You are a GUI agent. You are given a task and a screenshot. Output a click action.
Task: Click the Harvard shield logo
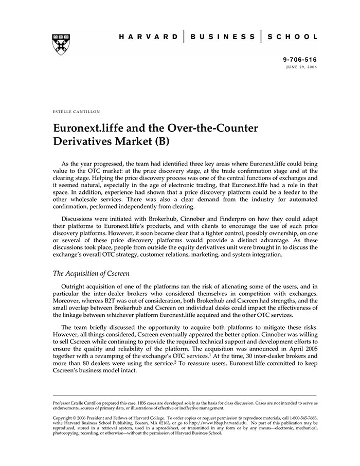pyautogui.click(x=61, y=44)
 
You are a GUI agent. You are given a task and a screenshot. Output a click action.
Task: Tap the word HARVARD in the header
pyautogui.click(x=148, y=37)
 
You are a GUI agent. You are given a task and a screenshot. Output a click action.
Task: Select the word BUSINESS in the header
pyautogui.click(x=222, y=37)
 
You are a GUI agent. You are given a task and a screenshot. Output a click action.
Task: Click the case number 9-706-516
pyautogui.click(x=300, y=60)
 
